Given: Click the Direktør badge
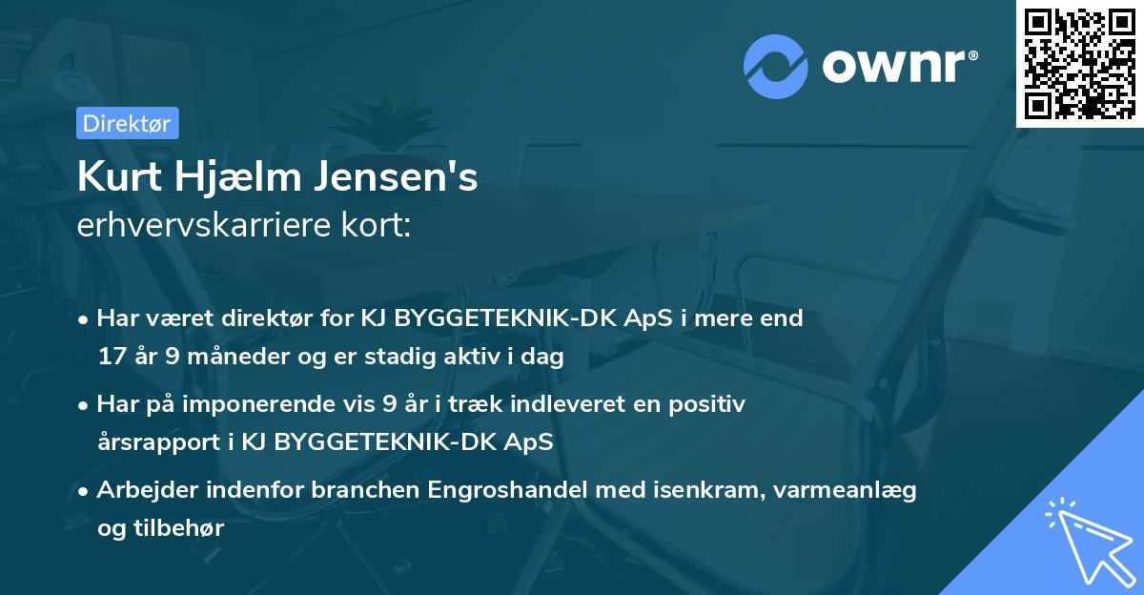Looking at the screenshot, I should (x=127, y=123).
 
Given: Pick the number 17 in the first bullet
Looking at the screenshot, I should (x=110, y=358).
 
